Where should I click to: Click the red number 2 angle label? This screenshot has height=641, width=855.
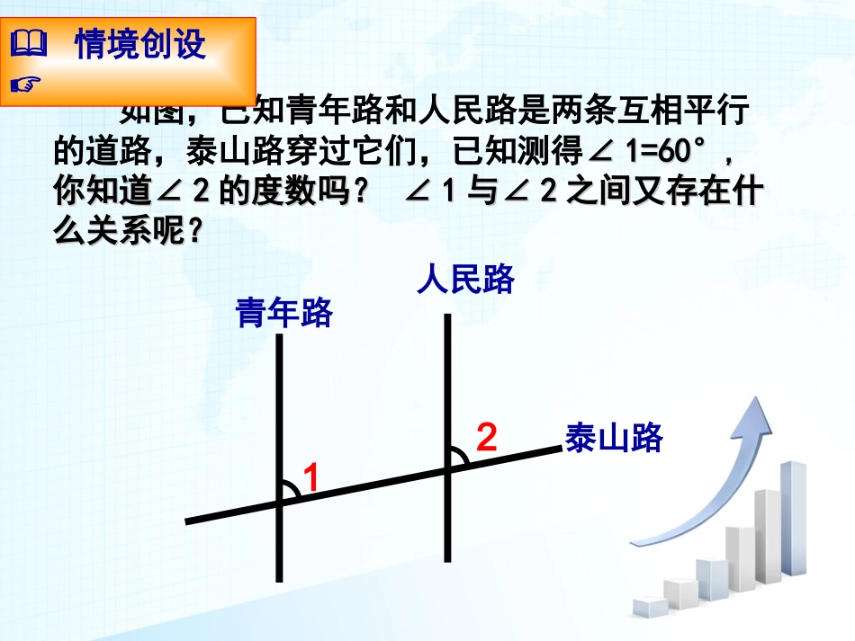[x=486, y=437]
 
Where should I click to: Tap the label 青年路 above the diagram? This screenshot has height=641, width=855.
[x=284, y=313]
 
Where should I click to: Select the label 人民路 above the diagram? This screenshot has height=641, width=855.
[x=465, y=280]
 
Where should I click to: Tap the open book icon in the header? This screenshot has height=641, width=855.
[x=27, y=43]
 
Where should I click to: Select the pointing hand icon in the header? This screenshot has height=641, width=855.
[x=27, y=85]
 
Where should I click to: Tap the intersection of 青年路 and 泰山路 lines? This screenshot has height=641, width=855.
[x=280, y=505]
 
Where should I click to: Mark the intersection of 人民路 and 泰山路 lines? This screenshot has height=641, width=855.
[x=446, y=468]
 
